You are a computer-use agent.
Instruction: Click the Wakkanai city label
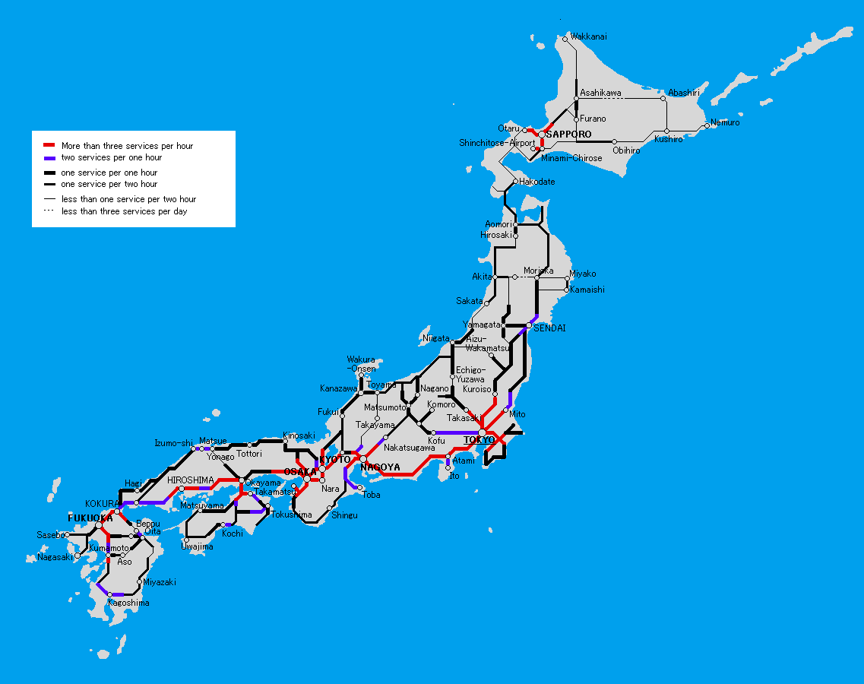pos(588,36)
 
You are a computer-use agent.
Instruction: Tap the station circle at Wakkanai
pos(565,39)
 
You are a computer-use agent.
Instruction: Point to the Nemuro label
pos(725,122)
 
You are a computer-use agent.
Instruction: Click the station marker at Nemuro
pos(707,126)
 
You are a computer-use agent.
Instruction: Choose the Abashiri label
pos(683,93)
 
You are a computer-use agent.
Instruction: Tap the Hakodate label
pos(536,182)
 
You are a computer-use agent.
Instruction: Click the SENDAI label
pos(549,328)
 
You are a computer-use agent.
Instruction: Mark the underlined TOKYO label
pos(479,440)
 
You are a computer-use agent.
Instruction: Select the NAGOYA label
pos(380,467)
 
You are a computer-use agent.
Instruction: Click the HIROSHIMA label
pos(190,480)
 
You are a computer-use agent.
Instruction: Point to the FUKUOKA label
pos(90,518)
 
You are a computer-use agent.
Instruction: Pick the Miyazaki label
pos(159,582)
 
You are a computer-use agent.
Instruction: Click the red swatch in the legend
pos(49,145)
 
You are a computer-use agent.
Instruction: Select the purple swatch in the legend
pos(49,157)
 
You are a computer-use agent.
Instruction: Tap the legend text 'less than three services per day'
pos(124,211)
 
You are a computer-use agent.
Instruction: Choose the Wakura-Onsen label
pos(361,364)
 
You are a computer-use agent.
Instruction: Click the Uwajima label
pos(197,546)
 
